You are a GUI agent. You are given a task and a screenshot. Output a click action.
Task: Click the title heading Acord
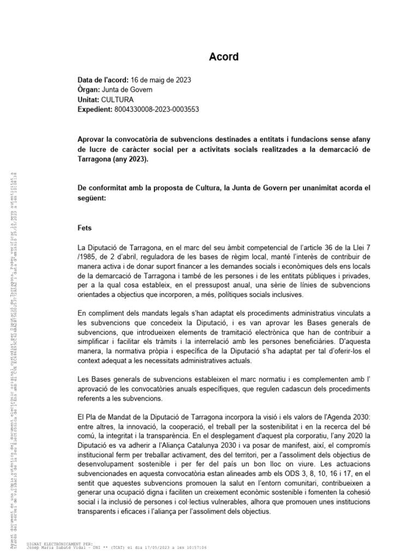point(224,57)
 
